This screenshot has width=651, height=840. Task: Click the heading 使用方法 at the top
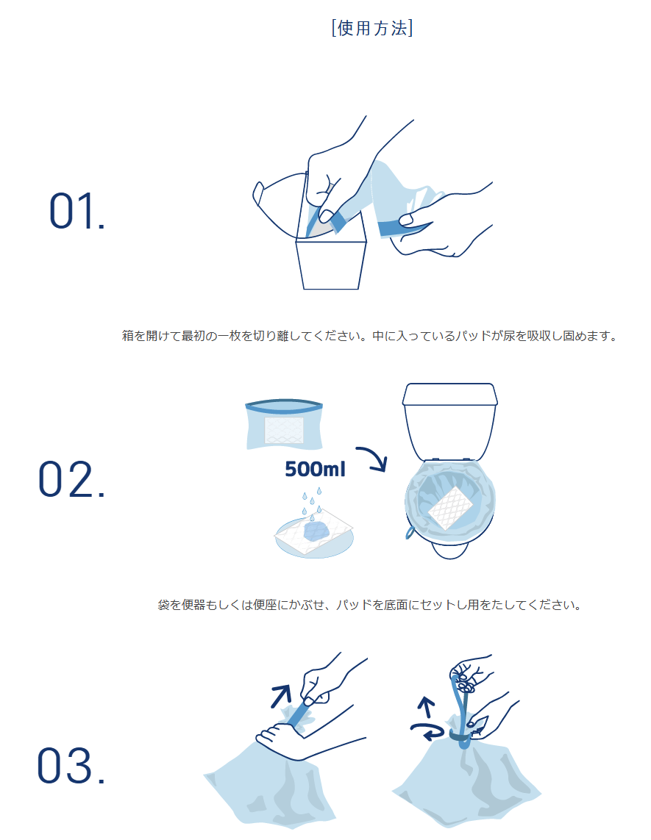point(372,28)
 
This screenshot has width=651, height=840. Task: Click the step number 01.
point(77,211)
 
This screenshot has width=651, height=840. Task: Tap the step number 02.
point(71,479)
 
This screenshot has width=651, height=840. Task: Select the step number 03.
point(71,766)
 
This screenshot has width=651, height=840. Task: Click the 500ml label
point(315,470)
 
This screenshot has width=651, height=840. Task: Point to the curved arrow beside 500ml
point(373,458)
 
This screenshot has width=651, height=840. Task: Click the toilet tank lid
point(450,395)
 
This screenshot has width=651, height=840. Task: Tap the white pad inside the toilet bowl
point(450,507)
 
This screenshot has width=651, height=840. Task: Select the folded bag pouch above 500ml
point(284,425)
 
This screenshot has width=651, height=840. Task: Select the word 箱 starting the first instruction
point(128,337)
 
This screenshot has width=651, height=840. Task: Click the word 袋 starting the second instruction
point(163,606)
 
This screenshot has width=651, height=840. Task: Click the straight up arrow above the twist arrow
point(427,707)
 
